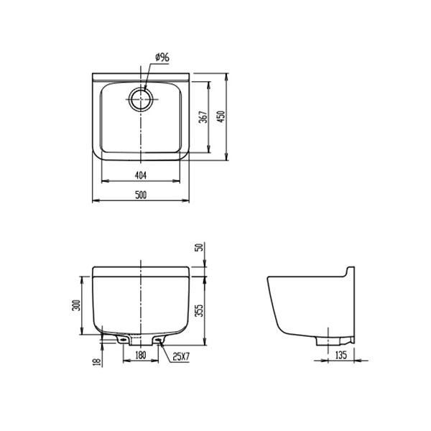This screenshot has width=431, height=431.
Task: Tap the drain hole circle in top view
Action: point(141,99)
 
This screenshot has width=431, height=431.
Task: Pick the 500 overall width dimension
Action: point(141,195)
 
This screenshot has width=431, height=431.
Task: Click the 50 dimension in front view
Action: point(200,249)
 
